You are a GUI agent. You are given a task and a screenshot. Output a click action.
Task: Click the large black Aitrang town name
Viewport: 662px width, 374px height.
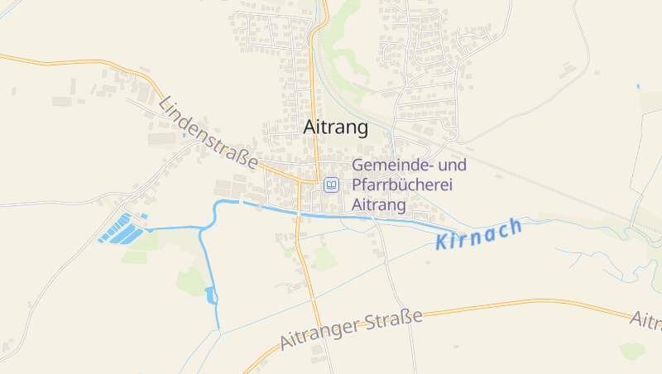pos(336,127)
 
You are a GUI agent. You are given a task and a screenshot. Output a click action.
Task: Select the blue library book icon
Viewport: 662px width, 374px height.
pos(331,185)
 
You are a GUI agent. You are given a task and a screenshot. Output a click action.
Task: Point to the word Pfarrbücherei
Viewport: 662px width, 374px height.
pos(403,185)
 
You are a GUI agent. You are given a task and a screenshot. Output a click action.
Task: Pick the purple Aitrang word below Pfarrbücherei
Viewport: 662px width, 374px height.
pos(379,204)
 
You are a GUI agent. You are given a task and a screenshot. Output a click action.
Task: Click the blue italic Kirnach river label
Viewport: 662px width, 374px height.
pos(478,234)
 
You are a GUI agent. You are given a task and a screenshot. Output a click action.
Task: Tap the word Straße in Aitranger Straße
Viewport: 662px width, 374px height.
pos(395,323)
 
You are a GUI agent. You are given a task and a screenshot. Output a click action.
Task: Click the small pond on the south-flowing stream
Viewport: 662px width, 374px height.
pos(210,294)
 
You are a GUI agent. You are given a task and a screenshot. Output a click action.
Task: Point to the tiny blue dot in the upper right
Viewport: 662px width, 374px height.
pos(638,86)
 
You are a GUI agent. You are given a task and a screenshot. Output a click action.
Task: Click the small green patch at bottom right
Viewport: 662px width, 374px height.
pos(633,351)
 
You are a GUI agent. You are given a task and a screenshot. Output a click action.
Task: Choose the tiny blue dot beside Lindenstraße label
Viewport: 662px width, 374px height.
pos(184,135)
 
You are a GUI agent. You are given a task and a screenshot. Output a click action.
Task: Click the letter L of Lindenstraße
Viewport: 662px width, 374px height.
pos(164,104)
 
